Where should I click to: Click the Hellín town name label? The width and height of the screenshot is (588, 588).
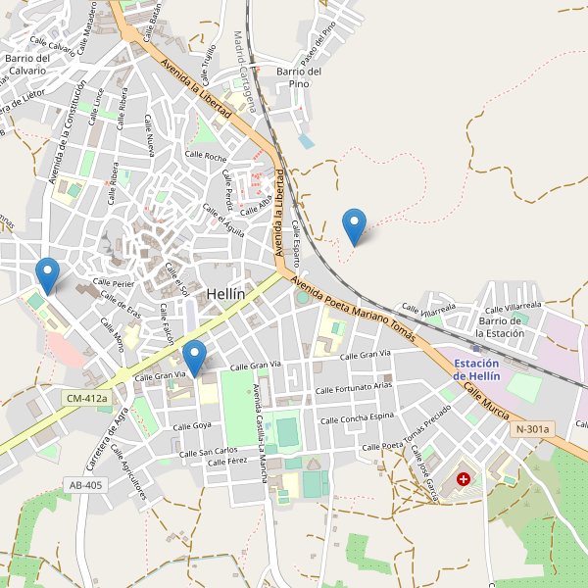pos(225,294)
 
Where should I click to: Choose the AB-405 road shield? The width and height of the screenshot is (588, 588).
pos(85,484)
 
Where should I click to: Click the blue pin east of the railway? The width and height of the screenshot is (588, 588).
pos(355,227)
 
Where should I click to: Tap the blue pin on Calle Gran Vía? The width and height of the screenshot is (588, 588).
pos(195,358)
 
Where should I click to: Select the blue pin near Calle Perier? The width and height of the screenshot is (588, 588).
pos(46,275)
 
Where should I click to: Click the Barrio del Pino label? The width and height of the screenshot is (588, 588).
pos(299,77)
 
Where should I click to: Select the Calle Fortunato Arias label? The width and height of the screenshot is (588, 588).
pos(354,389)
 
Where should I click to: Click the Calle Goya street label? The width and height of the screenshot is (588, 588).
pos(192,426)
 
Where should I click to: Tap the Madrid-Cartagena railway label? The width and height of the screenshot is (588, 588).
pos(244,71)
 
